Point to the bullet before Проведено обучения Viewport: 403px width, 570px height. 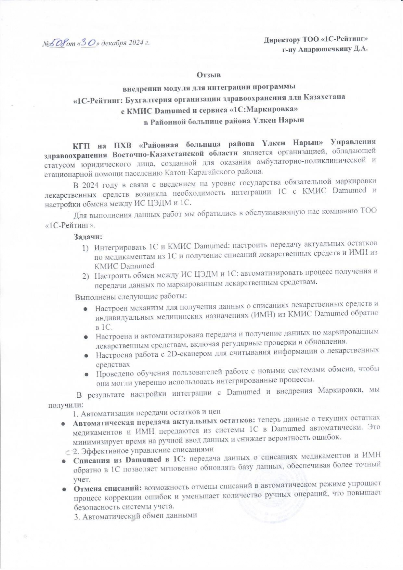pos(87,375)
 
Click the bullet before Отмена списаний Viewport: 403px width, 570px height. pos(64,489)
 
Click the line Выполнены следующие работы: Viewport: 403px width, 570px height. pos(131,297)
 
